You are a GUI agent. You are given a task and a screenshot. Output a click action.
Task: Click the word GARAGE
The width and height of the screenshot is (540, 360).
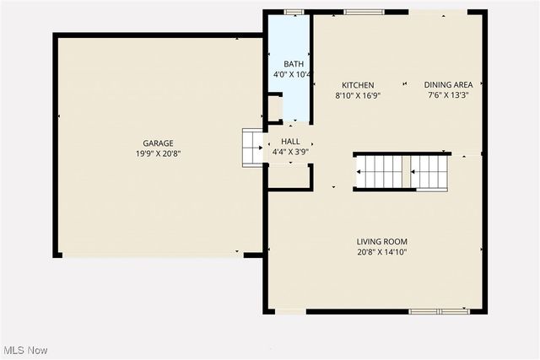158,143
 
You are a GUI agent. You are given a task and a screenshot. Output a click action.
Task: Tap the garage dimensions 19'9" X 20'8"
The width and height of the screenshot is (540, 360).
158,154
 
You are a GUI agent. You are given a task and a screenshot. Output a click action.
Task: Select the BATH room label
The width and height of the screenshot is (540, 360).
293,64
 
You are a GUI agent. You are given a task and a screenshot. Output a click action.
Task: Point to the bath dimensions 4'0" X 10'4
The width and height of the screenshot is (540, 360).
293,75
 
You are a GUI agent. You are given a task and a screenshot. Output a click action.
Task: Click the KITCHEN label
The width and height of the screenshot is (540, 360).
358,85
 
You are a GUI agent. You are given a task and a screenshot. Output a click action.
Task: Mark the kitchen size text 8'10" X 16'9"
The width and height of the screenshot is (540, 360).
358,95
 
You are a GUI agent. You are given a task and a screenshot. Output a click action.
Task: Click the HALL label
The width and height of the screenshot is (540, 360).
290,142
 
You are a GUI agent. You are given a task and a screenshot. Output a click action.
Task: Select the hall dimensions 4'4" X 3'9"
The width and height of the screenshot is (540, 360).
290,152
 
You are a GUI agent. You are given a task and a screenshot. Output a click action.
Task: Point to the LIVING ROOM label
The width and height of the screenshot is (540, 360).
382,242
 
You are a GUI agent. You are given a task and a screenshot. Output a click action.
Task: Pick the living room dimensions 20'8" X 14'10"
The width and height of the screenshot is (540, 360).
382,252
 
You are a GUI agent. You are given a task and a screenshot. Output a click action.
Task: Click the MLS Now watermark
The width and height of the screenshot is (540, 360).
24,350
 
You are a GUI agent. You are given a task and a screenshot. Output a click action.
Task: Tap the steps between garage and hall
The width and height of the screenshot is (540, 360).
253,148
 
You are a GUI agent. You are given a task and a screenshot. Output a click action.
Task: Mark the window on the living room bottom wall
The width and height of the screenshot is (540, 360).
439,312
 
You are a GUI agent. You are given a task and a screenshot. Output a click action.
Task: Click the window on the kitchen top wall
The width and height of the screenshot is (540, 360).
364,12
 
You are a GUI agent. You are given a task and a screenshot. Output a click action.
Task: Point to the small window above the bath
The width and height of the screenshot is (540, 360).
294,12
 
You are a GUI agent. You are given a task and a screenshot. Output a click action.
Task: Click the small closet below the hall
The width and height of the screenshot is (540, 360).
288,175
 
